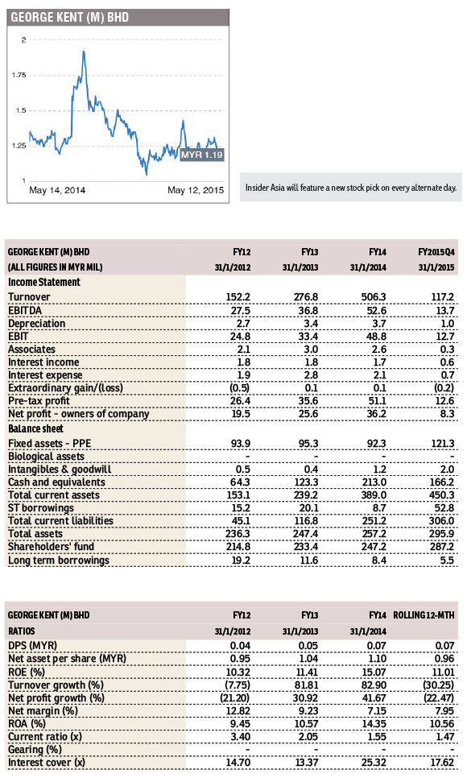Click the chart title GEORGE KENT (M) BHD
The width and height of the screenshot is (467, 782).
click(x=70, y=18)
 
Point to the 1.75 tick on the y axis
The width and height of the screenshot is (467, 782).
click(x=19, y=76)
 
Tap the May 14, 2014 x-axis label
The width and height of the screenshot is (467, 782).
click(x=57, y=190)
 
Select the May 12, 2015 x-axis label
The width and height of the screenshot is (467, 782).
click(x=196, y=190)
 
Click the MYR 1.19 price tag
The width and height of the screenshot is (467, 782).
click(x=201, y=155)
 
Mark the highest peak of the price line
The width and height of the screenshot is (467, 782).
click(x=83, y=52)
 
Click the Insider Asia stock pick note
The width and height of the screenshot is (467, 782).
click(x=351, y=188)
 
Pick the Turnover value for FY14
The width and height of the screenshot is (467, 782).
click(x=374, y=296)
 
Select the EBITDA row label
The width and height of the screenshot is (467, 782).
click(x=25, y=310)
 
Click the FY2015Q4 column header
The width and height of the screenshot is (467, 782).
click(x=436, y=252)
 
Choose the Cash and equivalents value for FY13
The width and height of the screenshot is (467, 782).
click(x=305, y=482)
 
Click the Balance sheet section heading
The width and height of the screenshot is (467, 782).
click(x=35, y=429)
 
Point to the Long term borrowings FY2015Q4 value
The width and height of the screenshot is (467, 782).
click(x=447, y=560)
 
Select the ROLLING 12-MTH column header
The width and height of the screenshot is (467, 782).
click(x=424, y=615)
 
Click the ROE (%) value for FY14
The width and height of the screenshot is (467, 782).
click(x=374, y=672)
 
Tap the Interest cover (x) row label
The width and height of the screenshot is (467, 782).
click(x=47, y=763)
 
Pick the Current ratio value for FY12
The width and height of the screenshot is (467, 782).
click(x=240, y=737)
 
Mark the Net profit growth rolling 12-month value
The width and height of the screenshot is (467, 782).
click(x=439, y=697)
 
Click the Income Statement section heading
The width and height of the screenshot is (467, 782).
click(x=43, y=283)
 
